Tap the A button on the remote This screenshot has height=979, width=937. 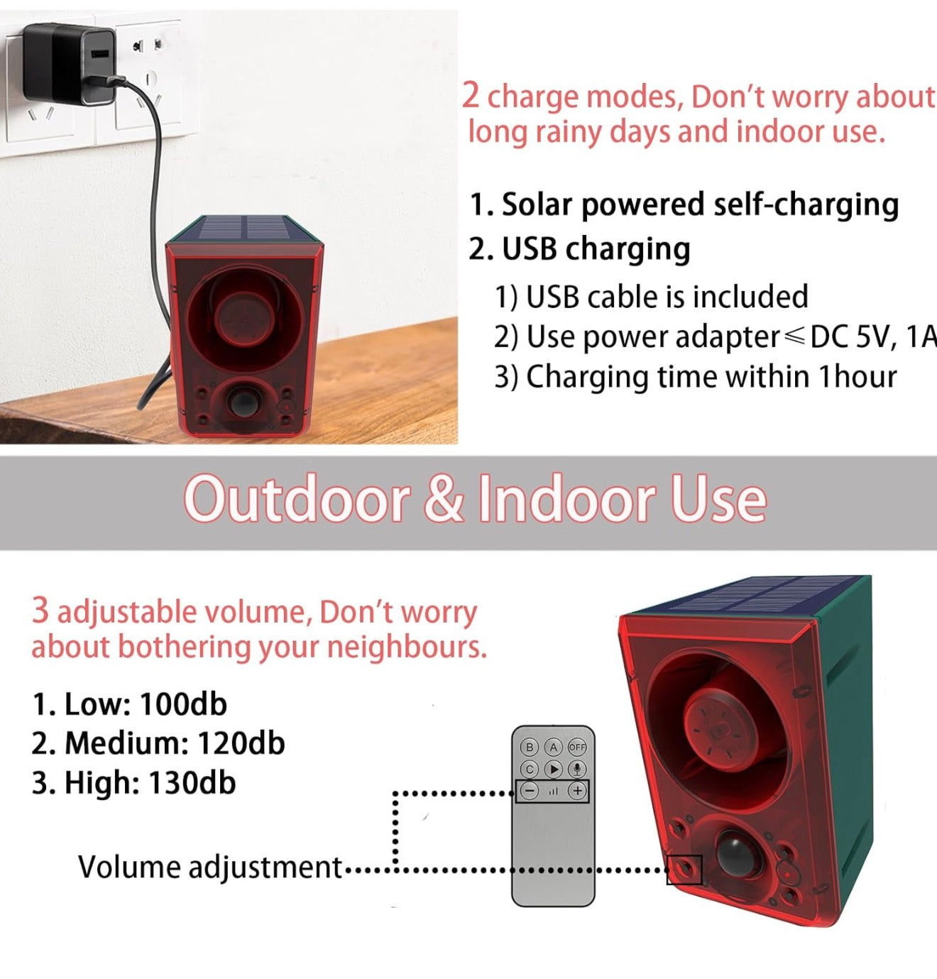click(x=553, y=747)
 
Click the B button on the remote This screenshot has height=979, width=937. click(x=530, y=747)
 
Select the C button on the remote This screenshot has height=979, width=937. click(x=530, y=769)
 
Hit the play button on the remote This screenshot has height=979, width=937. click(x=553, y=769)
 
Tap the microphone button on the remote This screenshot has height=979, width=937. click(x=577, y=769)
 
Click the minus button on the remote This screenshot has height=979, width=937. click(x=530, y=790)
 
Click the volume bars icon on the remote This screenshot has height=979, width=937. click(x=554, y=791)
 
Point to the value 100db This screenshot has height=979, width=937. click(x=183, y=704)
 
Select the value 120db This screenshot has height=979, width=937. click(x=241, y=743)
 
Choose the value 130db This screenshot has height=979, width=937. click(x=192, y=782)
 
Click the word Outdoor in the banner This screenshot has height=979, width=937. click(x=296, y=500)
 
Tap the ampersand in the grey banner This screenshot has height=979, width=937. click(x=444, y=500)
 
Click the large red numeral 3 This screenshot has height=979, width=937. click(x=40, y=610)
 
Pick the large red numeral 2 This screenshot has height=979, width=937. click(x=471, y=95)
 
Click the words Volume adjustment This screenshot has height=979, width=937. click(x=210, y=868)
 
